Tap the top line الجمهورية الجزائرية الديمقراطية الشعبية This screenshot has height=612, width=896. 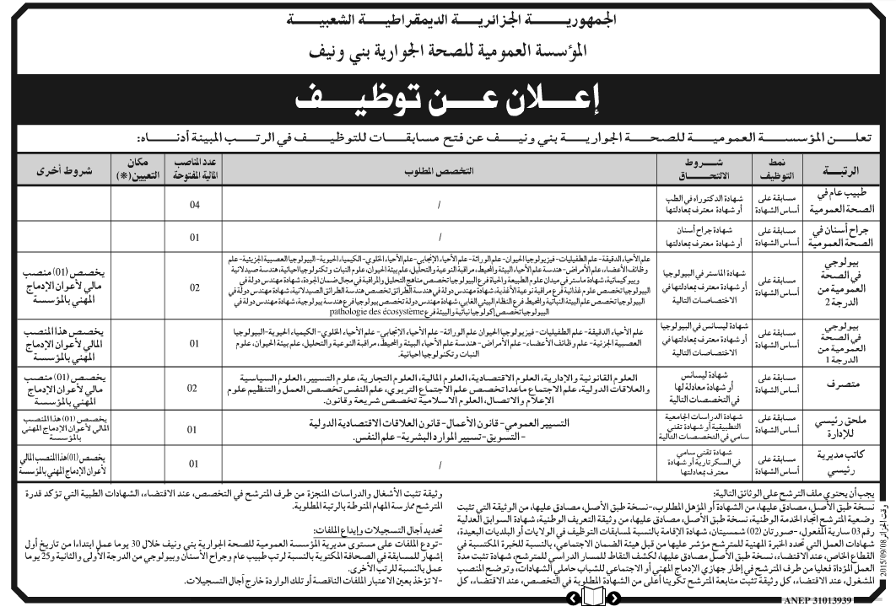coord(448,18)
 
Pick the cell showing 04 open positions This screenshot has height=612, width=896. coord(195,203)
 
